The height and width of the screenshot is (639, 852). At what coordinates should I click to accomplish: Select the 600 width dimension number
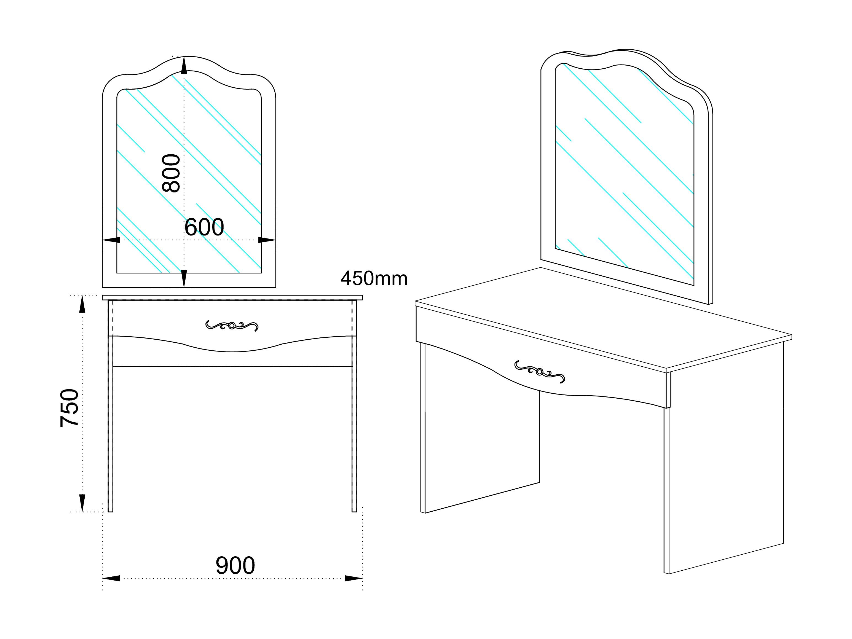(204, 227)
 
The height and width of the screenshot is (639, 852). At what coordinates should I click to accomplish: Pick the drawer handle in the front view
(232, 326)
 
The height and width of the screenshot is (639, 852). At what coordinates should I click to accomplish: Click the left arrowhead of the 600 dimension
(111, 240)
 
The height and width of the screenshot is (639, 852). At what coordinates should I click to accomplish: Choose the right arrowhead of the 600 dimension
(267, 240)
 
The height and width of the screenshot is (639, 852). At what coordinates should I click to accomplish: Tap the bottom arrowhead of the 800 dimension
(184, 278)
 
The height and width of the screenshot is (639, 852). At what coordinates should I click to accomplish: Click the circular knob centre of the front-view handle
(232, 326)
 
